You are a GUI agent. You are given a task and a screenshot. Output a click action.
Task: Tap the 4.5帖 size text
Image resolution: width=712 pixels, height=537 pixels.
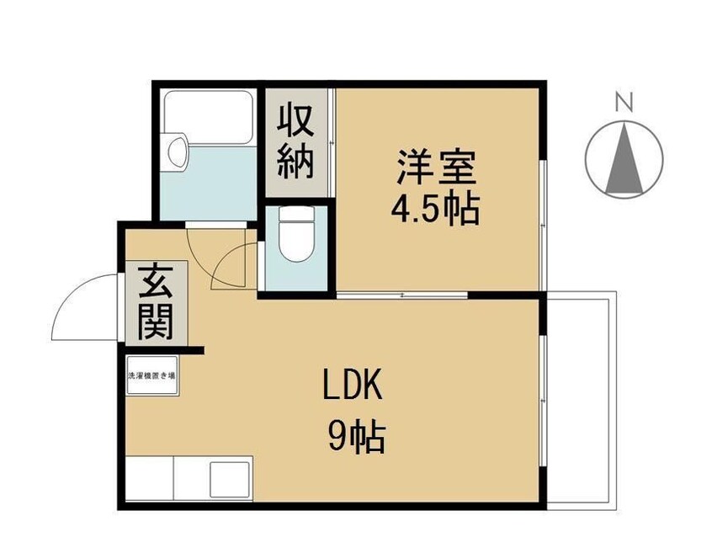(x=435, y=209)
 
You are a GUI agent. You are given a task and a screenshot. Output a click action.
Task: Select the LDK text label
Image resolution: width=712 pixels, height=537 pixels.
(x=354, y=388)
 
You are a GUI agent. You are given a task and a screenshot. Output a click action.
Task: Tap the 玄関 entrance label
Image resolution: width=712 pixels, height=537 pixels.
(x=156, y=300)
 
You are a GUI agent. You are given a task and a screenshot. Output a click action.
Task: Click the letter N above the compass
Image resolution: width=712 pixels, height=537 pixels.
(x=624, y=104)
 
